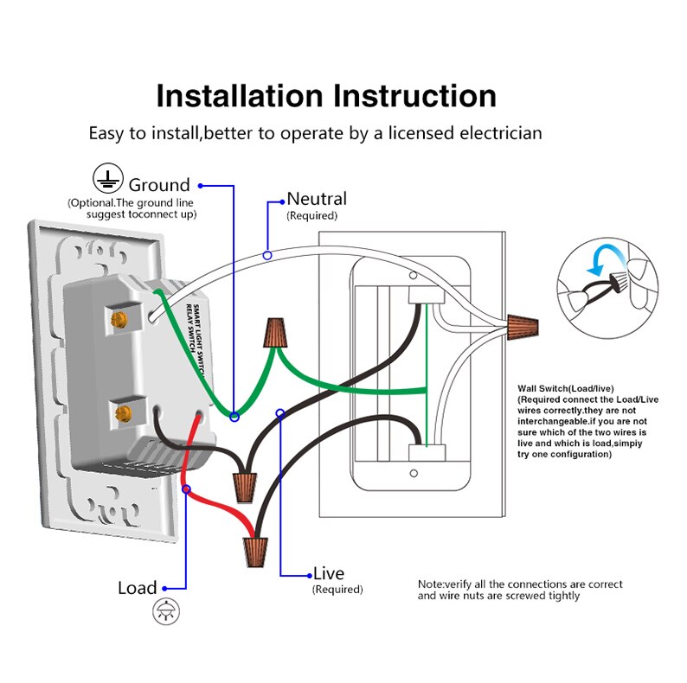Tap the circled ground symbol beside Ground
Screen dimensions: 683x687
point(106,179)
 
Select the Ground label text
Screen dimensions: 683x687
point(159,185)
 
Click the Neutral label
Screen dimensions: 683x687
point(317,199)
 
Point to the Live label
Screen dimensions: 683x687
point(328,573)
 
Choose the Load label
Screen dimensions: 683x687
point(138,588)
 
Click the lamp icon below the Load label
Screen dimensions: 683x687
point(163,613)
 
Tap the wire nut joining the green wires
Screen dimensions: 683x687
point(275,333)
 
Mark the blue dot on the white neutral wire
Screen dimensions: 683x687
point(268,255)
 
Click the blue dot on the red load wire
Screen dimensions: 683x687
point(186,489)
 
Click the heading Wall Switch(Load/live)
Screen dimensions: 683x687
point(568,389)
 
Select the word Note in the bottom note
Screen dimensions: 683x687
point(430,585)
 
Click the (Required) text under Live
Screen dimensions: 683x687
point(337,590)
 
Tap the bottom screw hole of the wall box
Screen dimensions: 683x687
point(414,474)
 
